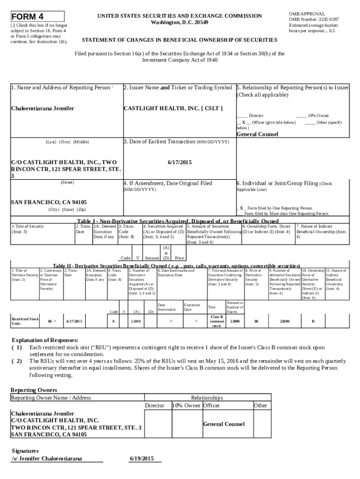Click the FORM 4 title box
tap(37, 16)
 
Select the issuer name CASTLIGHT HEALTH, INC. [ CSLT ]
tap(173, 109)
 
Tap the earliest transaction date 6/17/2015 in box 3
tap(180, 162)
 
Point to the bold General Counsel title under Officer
tap(258, 134)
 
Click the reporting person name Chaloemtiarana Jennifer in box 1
tap(43, 109)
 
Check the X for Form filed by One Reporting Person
tap(241, 208)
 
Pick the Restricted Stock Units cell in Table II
tap(25, 321)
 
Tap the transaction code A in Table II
tap(114, 321)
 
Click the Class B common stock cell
tap(216, 321)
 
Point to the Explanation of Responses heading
tap(44, 340)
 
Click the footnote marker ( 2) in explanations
tap(17, 361)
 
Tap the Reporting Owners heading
tap(34, 390)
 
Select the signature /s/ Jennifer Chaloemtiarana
tap(46, 458)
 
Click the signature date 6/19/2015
tap(141, 458)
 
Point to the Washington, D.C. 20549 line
tap(180, 22)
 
